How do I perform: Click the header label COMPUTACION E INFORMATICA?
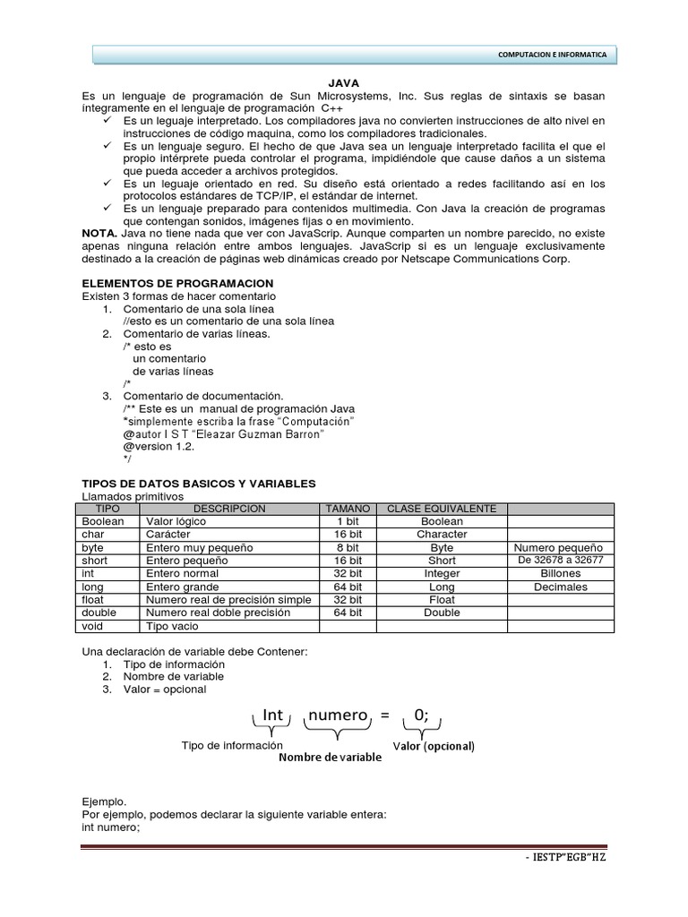click(552, 55)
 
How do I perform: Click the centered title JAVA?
click(343, 81)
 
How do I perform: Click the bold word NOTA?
click(99, 233)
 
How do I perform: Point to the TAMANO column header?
click(348, 508)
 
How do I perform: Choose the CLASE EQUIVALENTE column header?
click(441, 508)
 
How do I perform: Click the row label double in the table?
click(99, 613)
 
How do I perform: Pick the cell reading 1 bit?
click(348, 521)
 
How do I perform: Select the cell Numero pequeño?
click(560, 547)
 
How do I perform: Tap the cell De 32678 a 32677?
click(560, 561)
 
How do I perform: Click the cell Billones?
click(560, 573)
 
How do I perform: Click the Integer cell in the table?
click(441, 573)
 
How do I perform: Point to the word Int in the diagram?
click(272, 715)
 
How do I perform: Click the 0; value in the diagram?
click(420, 715)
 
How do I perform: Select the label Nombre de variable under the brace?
click(330, 758)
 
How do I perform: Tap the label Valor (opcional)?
click(434, 746)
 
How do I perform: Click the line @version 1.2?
click(159, 446)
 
